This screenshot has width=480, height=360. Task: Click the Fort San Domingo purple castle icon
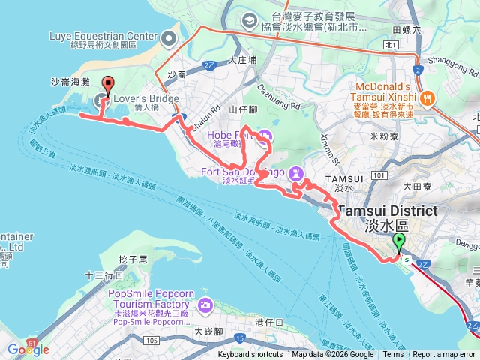[297, 172]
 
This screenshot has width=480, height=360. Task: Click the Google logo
[28, 349]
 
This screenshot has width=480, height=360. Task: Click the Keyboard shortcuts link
[250, 355]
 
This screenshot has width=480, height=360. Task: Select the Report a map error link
[444, 355]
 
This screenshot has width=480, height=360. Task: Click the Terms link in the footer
[393, 355]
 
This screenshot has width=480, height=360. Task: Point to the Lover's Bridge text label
[147, 99]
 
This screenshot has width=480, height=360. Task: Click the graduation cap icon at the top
[247, 21]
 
